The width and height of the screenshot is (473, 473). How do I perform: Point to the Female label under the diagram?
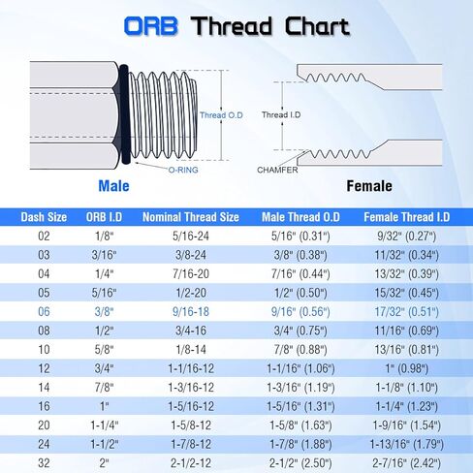click(369, 185)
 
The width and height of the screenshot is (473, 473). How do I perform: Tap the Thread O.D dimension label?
click(223, 114)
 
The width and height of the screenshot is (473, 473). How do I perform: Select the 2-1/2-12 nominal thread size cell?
click(190, 463)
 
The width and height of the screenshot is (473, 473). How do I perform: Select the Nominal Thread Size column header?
click(190, 218)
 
